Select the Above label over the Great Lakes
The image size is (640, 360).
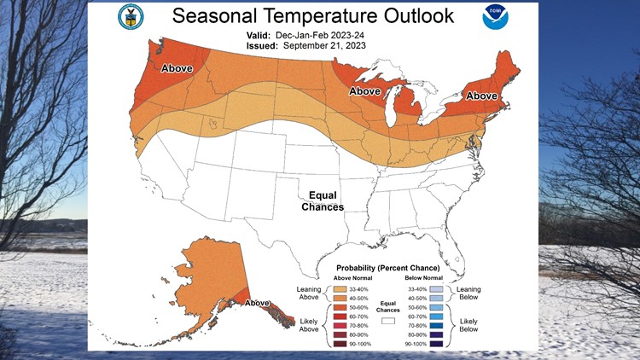coord(364,90)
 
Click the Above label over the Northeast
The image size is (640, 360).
coord(481,96)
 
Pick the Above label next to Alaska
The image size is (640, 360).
coord(257,303)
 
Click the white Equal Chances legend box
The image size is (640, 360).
coord(387,322)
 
